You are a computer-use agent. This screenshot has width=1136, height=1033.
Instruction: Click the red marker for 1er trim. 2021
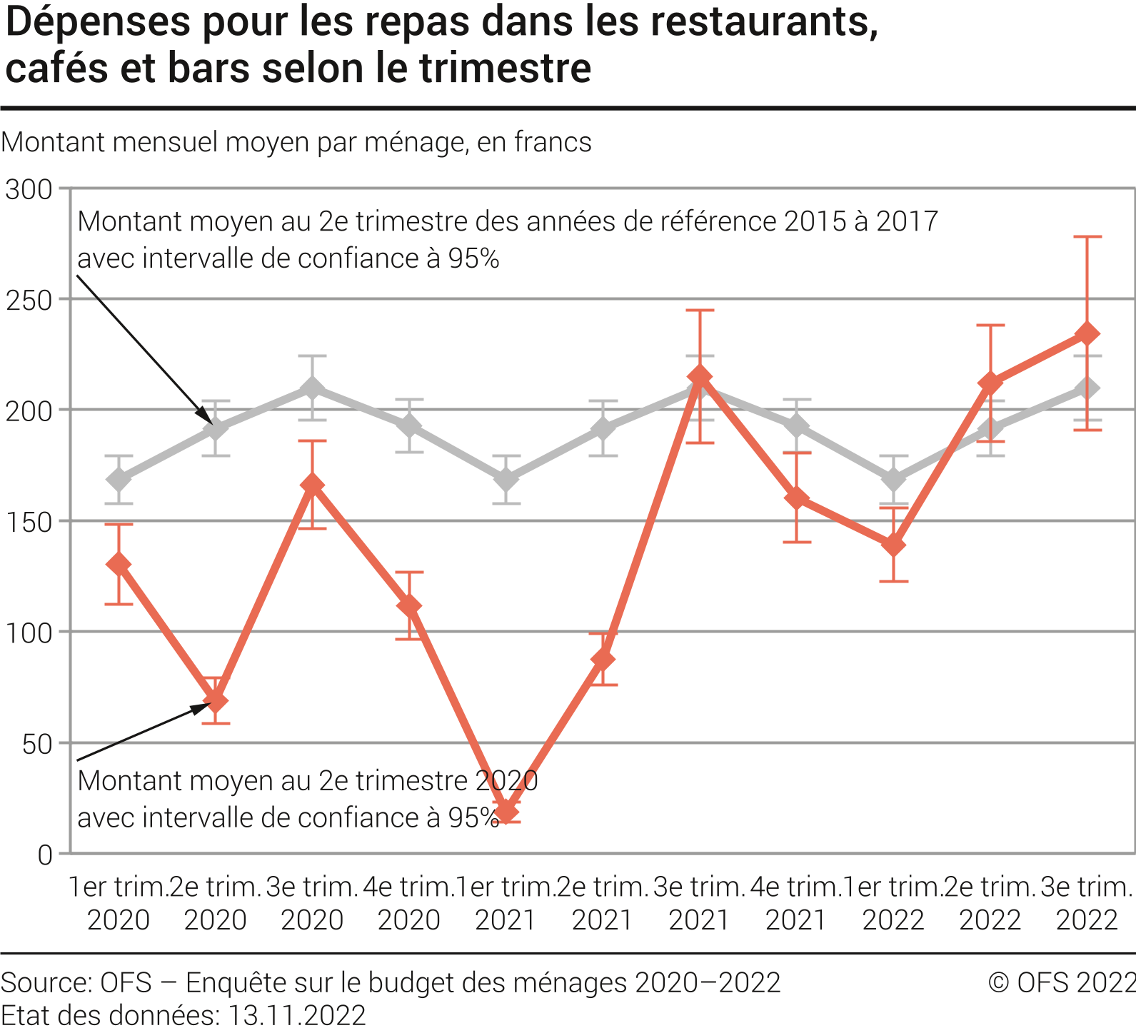click(506, 812)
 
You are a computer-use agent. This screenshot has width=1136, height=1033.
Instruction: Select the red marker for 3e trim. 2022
click(1087, 333)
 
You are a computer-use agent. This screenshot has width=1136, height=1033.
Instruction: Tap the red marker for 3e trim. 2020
click(312, 485)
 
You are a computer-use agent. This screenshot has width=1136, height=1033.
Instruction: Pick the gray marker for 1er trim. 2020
click(119, 479)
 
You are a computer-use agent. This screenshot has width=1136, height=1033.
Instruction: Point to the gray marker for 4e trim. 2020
click(409, 426)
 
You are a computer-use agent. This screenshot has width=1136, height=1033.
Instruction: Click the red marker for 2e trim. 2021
click(603, 659)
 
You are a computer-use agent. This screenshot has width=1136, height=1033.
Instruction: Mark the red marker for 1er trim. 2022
click(893, 545)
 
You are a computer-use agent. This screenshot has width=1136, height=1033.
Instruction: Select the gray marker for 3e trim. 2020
click(312, 388)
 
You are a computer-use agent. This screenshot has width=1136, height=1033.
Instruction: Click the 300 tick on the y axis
click(29, 190)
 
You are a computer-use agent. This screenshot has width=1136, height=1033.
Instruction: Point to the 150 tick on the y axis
click(29, 523)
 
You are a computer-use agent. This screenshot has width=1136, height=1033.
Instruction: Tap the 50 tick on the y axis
click(37, 744)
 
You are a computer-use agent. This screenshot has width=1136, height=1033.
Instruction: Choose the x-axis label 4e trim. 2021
click(796, 903)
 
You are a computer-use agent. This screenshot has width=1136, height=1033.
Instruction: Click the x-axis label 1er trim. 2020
click(119, 903)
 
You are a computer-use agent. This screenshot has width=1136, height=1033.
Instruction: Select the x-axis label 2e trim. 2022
click(990, 903)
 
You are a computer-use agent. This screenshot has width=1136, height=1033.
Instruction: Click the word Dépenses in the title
click(97, 23)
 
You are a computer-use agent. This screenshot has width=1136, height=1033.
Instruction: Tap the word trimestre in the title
click(505, 69)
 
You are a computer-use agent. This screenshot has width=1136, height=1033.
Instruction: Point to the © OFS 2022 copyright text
click(1061, 983)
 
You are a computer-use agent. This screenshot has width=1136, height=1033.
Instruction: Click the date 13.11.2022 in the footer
click(296, 1015)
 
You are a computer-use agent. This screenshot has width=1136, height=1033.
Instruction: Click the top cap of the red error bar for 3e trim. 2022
click(1087, 236)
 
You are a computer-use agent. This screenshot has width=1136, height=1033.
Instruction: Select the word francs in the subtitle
click(552, 143)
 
